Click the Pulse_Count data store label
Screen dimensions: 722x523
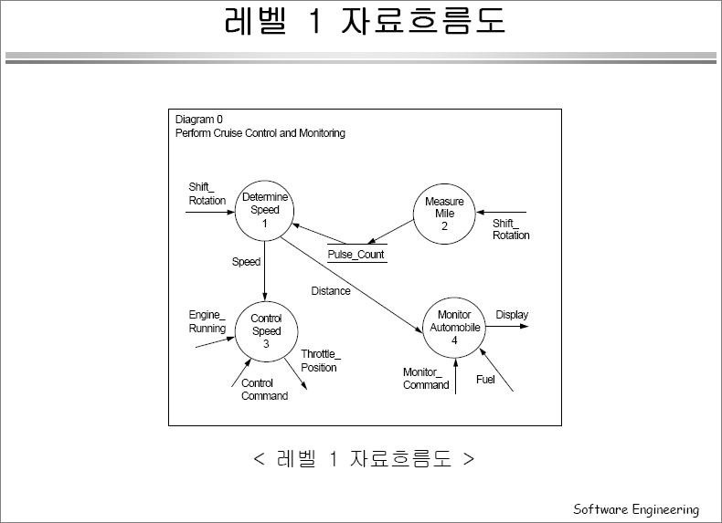[x=356, y=255]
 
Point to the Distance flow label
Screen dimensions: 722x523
[x=331, y=291]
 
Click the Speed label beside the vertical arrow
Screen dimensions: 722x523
[x=247, y=262]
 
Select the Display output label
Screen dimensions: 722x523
[x=512, y=315]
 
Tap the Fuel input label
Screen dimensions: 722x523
[x=485, y=380]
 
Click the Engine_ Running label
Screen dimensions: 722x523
[x=207, y=321]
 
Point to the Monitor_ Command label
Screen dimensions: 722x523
[x=426, y=379]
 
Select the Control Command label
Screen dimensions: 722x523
[x=265, y=390]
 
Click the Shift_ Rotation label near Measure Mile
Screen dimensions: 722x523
[x=511, y=229]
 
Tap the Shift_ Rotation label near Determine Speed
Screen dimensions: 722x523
[x=207, y=194]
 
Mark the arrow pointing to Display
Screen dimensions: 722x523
[x=507, y=327]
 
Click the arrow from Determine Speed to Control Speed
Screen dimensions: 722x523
[x=265, y=271]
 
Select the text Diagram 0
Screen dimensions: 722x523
[x=199, y=120]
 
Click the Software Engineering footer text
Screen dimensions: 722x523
[x=636, y=509]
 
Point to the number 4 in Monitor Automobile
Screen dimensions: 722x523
[x=454, y=340]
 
